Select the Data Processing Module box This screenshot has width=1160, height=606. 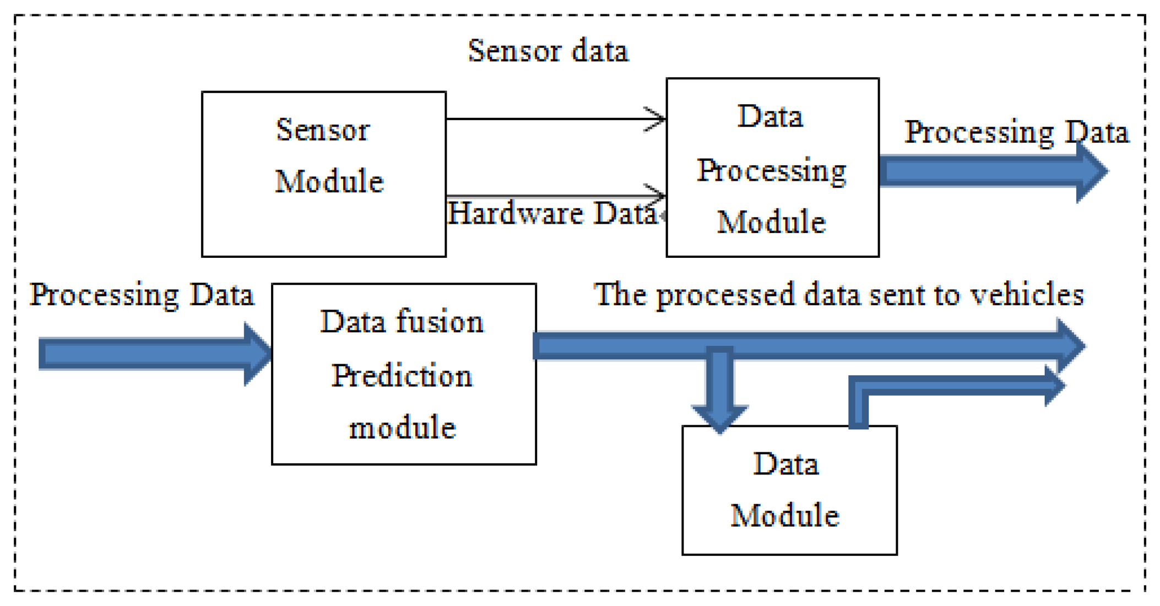pos(772,168)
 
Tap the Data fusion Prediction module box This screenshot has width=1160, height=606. pos(403,375)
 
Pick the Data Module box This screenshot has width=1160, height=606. pos(789,490)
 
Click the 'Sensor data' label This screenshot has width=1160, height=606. pos(548,51)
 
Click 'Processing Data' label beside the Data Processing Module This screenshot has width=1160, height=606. pos(1016,132)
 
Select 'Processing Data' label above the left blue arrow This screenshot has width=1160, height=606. pos(142,294)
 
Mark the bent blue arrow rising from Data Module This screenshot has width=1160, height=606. pos(936,385)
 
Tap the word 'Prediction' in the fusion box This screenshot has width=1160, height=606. pos(402,376)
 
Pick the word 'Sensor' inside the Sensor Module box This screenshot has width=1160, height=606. pos(323,131)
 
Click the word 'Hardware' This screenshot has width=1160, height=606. pos(515,213)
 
